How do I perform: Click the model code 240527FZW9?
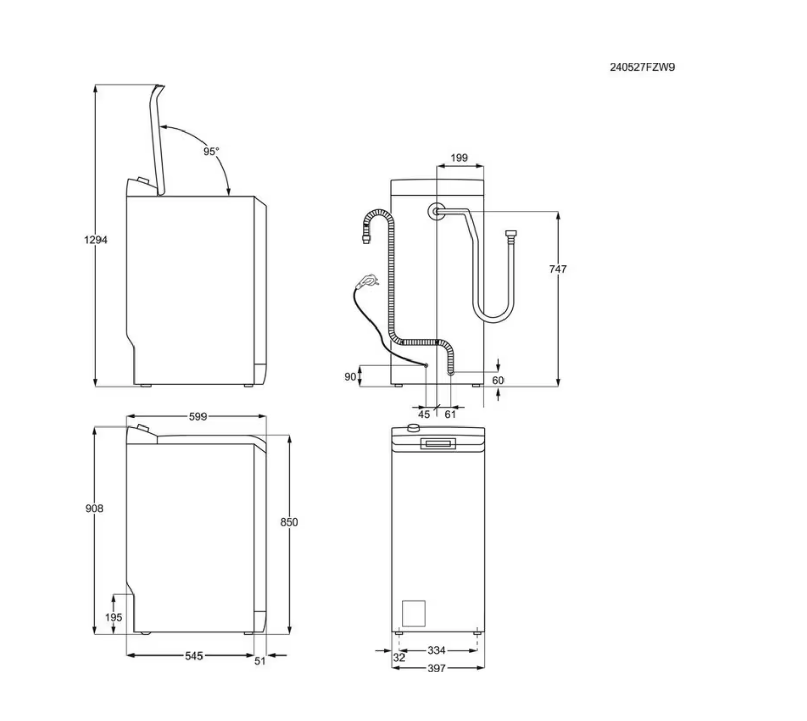[x=642, y=68]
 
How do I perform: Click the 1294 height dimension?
[x=95, y=240]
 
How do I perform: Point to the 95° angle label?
[x=211, y=151]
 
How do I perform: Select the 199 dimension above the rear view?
[x=459, y=158]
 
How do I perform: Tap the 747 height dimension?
[x=558, y=269]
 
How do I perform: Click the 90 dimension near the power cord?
[x=350, y=377]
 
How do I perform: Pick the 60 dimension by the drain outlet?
[x=498, y=380]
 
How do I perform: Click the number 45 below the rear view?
[x=424, y=414]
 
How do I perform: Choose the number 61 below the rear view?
[x=450, y=414]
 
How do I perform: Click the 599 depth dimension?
[x=197, y=417]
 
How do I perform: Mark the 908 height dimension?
[x=94, y=508]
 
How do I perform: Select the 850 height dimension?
[x=289, y=522]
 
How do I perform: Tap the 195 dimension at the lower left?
[x=114, y=617]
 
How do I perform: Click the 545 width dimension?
[x=194, y=656]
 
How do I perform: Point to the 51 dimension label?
[x=260, y=661]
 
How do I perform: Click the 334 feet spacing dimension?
[x=436, y=650]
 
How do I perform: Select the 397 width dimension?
[x=436, y=668]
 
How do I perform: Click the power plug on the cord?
[x=367, y=281]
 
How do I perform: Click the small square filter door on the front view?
[x=414, y=613]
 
